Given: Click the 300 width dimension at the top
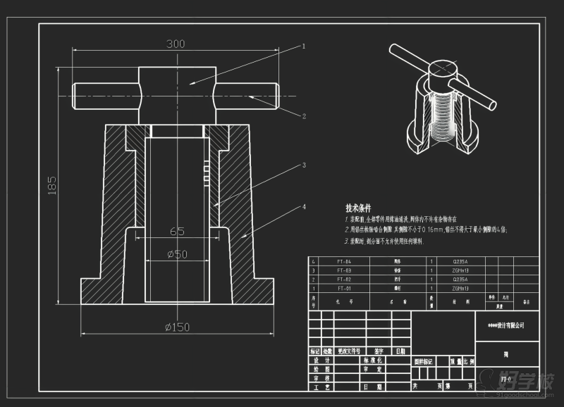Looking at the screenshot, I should point(176,44).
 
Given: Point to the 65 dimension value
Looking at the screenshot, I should point(177,231).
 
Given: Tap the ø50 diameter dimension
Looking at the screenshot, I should point(177,254).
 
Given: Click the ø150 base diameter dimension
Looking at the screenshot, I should point(178,327).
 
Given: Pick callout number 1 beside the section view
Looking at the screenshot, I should point(304,46).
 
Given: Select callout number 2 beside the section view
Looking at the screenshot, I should point(304,116).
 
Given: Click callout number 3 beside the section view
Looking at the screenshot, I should point(304,165).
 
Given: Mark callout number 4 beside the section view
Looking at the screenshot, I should point(304,207).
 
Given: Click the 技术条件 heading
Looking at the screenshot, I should point(358,208).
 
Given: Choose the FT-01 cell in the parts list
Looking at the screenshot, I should point(343,288).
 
